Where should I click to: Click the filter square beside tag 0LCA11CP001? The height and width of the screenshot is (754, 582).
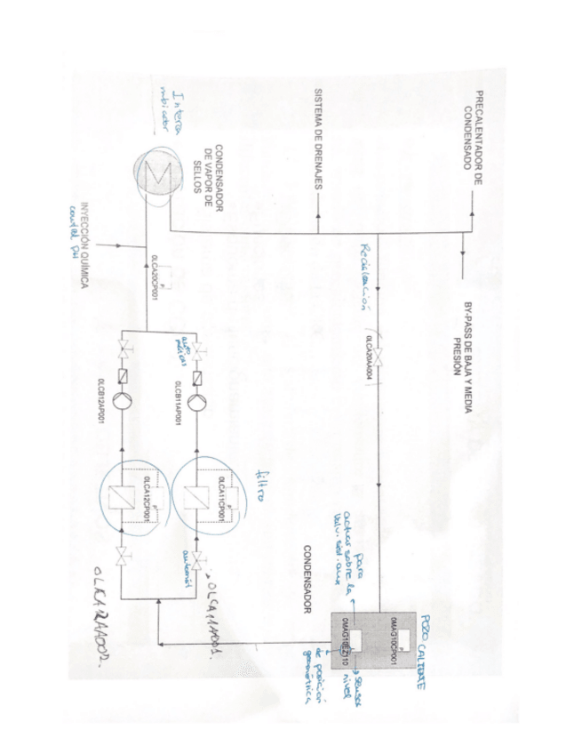pos(196,502)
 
